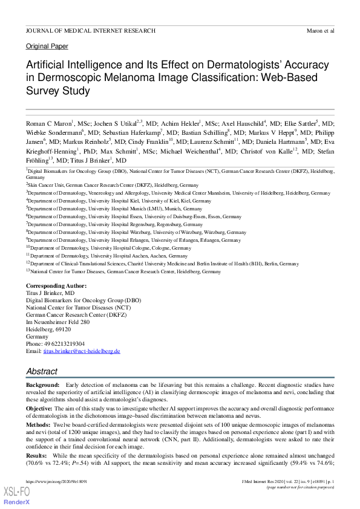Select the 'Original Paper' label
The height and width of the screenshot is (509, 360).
tap(47, 47)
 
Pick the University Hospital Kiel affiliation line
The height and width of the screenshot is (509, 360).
tap(119, 200)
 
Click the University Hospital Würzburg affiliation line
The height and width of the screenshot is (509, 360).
tap(137, 232)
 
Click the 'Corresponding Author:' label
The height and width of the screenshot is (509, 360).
tap(56, 285)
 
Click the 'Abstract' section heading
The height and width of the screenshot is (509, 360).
tap(42, 371)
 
